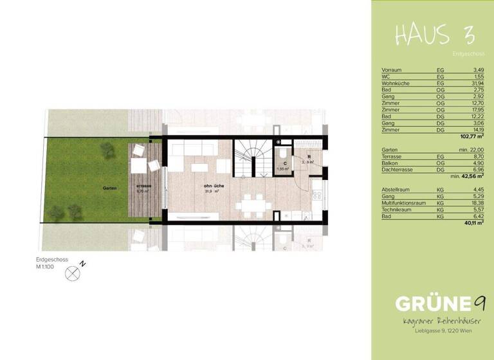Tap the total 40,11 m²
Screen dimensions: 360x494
[473, 224]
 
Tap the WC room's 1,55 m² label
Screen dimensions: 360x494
[283, 169]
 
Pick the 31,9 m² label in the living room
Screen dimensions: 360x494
[212, 191]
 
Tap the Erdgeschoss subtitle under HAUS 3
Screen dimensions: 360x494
[468, 55]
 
